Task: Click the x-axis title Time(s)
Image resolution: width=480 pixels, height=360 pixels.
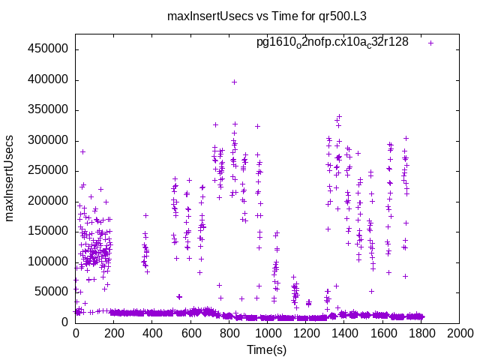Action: [266, 349]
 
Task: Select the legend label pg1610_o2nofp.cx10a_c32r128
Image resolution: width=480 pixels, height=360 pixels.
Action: [332, 42]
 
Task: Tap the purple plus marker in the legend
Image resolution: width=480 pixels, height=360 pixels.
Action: [430, 43]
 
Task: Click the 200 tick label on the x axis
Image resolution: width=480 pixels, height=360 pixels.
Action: [114, 332]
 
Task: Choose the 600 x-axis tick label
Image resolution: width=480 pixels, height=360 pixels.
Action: [190, 332]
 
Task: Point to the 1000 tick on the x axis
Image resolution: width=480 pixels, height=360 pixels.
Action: [267, 332]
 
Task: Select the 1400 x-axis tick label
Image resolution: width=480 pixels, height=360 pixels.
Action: [344, 332]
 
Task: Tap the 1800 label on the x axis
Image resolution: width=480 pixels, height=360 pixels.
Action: [421, 332]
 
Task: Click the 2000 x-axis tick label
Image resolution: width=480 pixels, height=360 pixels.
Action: [459, 332]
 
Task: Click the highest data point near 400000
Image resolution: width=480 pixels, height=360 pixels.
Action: [234, 82]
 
